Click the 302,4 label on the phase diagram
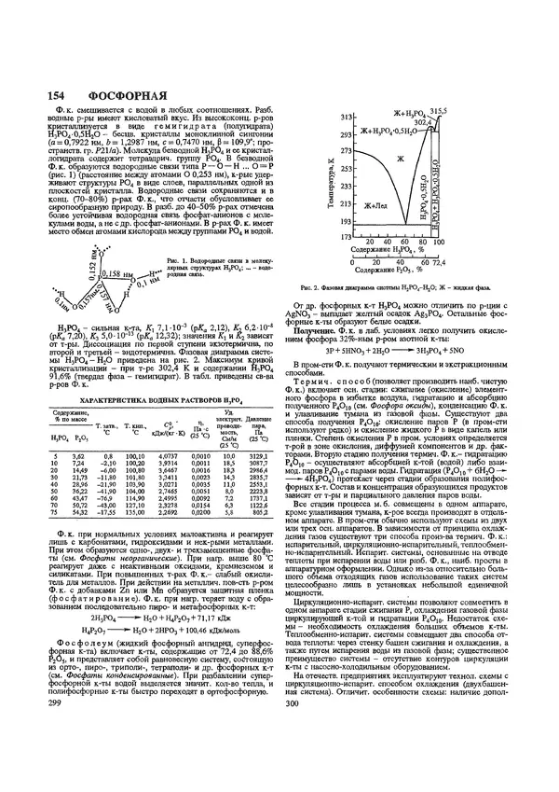point(425,121)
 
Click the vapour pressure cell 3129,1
point(258,427)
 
